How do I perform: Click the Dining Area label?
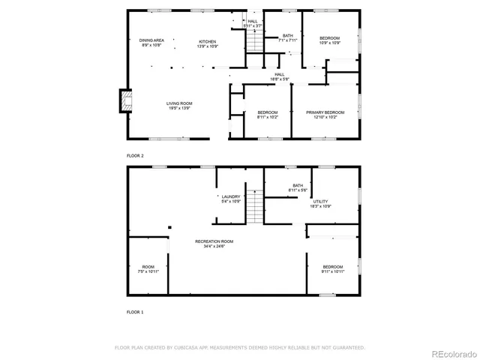(x=152, y=43)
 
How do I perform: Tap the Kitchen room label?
(x=207, y=43)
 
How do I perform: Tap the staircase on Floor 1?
(x=256, y=207)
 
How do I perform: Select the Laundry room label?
(x=230, y=199)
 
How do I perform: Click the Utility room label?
(x=320, y=203)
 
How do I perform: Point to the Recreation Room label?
(x=214, y=244)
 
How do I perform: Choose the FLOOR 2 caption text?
(x=135, y=155)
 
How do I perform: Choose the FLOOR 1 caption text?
(x=135, y=310)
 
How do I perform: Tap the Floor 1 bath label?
(x=298, y=187)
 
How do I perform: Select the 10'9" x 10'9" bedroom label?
(x=329, y=40)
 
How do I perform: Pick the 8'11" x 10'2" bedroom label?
(x=267, y=115)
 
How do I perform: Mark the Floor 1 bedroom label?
(x=333, y=269)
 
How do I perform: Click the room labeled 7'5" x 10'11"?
(x=148, y=269)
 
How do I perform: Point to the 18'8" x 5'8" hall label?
(x=279, y=76)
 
